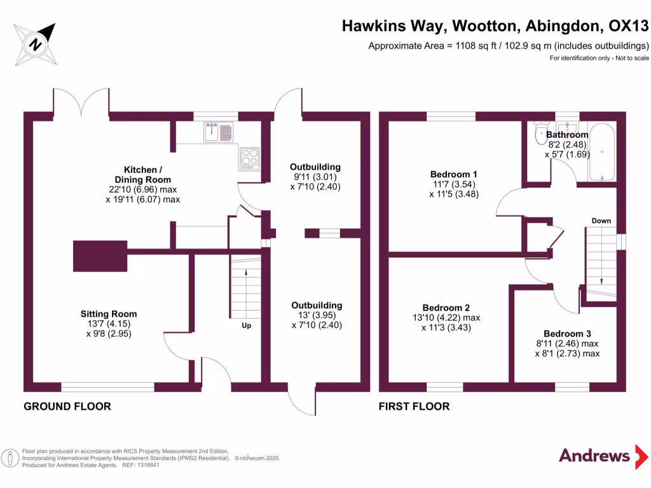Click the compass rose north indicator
coord(36,44)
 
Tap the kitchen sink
coord(219,132)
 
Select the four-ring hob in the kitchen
coord(249,158)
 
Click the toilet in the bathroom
coord(541,133)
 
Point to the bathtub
coord(601,152)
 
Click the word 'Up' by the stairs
coord(246,326)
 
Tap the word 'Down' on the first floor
coord(601,220)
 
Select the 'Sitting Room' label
coord(109,314)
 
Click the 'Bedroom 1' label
coord(454,174)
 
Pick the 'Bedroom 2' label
coord(446,308)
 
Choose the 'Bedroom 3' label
coord(568,334)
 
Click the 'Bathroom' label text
coord(567,135)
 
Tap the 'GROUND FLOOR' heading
coord(67,407)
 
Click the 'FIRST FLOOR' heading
coord(415,407)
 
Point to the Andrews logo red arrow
coord(641,457)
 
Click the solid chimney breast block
coord(100,256)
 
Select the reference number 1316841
coord(147,465)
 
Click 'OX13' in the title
coord(628,25)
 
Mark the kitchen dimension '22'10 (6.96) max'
coord(143,189)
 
